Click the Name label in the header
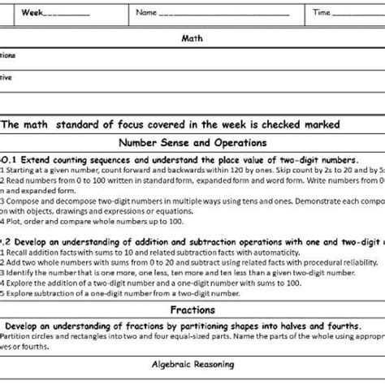pyautogui.click(x=146, y=12)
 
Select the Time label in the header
pyautogui.click(x=322, y=12)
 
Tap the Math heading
pyautogui.click(x=192, y=37)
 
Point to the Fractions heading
pyautogui.click(x=192, y=309)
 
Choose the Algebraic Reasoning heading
pyautogui.click(x=192, y=365)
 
